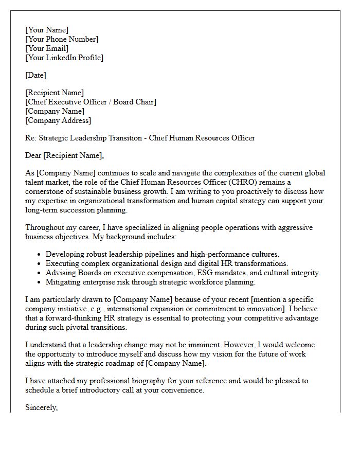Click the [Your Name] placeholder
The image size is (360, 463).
(47, 30)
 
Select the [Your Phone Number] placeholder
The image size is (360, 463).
(62, 39)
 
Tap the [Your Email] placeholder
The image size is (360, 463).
(47, 48)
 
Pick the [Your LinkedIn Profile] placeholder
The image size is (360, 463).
(64, 58)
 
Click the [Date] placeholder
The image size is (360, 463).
(35, 75)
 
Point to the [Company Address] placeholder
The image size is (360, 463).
(58, 120)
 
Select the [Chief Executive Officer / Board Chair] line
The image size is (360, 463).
(91, 102)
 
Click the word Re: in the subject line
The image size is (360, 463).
(31, 138)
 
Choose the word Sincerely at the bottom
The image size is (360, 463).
(41, 407)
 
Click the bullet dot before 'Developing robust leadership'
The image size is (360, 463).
(40, 255)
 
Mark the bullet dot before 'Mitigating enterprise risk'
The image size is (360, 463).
(40, 282)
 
